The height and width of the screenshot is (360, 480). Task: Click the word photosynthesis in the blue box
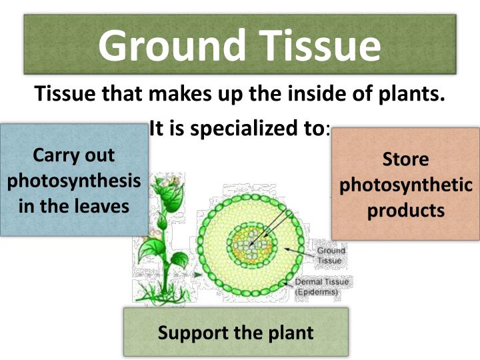[74, 181]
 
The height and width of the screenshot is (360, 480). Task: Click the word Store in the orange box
[405, 159]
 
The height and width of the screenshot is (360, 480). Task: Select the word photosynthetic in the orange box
[405, 185]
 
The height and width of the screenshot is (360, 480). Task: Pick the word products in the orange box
[405, 210]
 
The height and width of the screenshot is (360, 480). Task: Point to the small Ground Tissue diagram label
[329, 256]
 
